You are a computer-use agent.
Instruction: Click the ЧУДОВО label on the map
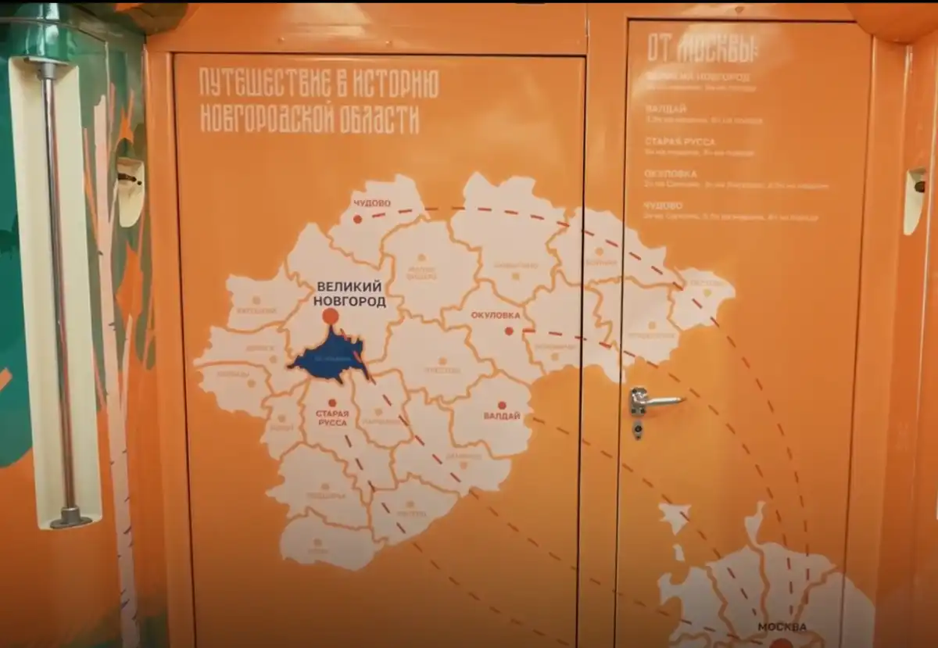371,204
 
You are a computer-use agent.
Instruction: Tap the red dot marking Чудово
357,220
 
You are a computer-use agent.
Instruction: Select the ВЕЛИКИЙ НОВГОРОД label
349,293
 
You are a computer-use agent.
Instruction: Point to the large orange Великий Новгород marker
331,316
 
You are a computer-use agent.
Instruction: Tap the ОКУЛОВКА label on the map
496,316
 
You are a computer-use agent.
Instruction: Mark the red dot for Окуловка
509,331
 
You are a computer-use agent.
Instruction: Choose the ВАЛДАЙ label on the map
502,416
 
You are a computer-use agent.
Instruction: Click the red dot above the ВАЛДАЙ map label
502,405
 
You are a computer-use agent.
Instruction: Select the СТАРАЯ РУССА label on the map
332,417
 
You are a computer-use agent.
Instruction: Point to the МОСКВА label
782,627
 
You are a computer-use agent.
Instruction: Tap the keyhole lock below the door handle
639,429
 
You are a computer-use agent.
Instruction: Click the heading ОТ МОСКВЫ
701,50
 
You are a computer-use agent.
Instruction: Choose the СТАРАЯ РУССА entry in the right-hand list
680,142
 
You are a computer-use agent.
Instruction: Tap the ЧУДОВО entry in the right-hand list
664,206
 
